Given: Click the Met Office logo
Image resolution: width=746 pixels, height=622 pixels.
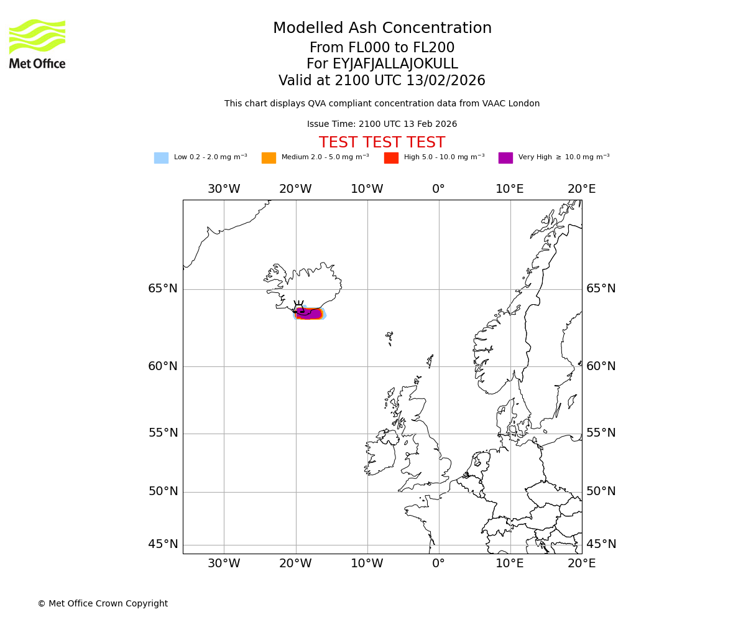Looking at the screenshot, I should point(37,44).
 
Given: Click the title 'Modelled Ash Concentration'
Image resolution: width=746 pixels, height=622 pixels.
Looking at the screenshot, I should point(382,29).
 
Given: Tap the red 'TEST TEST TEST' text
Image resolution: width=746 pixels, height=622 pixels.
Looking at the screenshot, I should point(382,143).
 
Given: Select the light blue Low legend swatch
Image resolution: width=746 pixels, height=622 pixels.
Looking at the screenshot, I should point(161,158).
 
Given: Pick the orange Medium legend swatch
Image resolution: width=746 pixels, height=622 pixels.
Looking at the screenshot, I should point(269,158).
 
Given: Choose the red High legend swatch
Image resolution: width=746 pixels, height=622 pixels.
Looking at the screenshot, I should point(391,158).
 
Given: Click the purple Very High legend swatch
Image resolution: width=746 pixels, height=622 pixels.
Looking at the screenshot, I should point(505,158).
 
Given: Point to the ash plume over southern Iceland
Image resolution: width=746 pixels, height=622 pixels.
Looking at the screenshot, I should point(309,313).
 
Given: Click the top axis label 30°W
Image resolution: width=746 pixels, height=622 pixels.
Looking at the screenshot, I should point(224,189).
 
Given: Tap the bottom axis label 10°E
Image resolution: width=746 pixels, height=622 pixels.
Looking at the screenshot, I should point(510,564).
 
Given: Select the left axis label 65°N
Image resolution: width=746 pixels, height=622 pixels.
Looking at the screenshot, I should point(163,289).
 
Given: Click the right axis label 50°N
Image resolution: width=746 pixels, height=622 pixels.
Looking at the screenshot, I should point(601,491).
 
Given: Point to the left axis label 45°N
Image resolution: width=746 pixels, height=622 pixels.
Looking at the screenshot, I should point(163,544).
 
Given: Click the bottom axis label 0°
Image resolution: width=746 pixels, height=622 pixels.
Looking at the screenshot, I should point(438,564).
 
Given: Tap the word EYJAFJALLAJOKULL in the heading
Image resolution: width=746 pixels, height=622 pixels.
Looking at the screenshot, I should point(395,64).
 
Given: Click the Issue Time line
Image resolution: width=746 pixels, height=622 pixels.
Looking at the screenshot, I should point(382,124).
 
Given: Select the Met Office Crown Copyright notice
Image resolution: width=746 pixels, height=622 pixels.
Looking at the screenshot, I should point(103,603).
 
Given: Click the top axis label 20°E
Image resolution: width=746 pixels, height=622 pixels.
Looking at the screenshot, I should point(581,189).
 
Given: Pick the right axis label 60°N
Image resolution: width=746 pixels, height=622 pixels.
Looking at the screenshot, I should point(601,366).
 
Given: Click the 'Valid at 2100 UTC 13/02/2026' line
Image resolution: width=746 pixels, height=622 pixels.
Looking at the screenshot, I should point(382,81).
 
